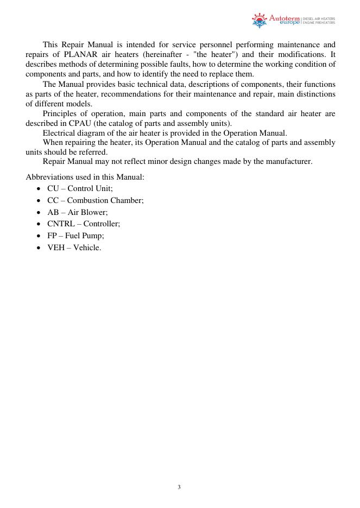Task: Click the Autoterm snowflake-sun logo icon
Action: pyautogui.click(x=259, y=21)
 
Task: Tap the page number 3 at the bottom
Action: pyautogui.click(x=179, y=487)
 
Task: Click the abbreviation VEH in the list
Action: pyautogui.click(x=56, y=247)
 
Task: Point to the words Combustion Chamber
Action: pyautogui.click(x=105, y=200)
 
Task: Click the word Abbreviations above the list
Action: pyautogui.click(x=52, y=177)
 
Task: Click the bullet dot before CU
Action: pyautogui.click(x=38, y=189)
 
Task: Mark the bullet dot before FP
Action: pyautogui.click(x=38, y=236)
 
